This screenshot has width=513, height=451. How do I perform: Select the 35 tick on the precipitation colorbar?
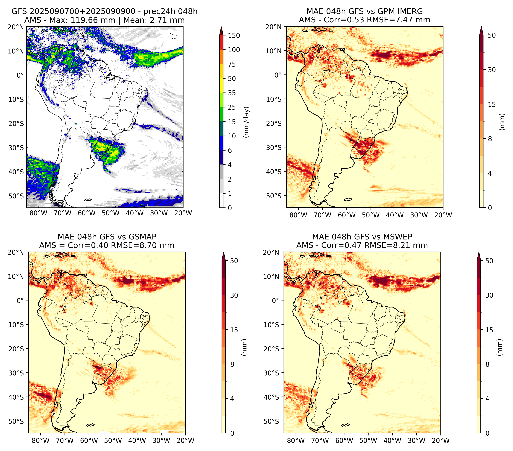pyautogui.click(x=232, y=93)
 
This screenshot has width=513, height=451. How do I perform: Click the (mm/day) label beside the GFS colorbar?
pyautogui.click(x=247, y=122)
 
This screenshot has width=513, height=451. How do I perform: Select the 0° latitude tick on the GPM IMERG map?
pyautogui.click(x=278, y=75)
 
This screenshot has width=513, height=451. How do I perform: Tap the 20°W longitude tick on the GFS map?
pyautogui.click(x=183, y=213)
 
